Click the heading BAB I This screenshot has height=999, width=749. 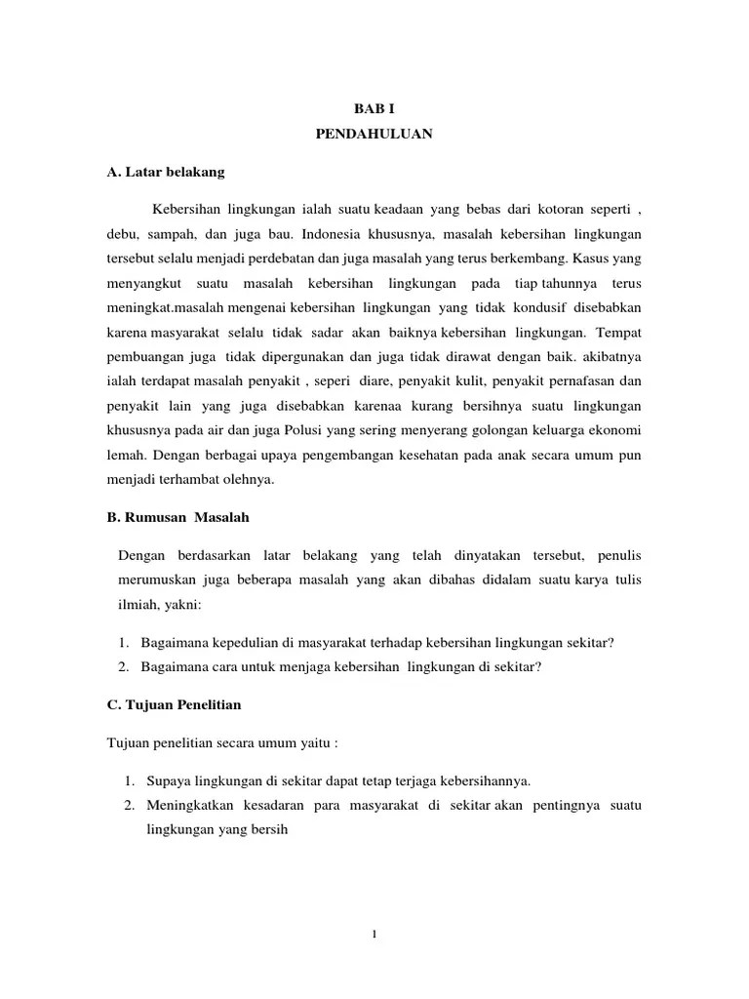(x=374, y=109)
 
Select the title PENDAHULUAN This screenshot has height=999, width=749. (x=374, y=135)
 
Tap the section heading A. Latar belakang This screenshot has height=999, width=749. (x=165, y=172)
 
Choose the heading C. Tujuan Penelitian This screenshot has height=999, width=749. (x=174, y=703)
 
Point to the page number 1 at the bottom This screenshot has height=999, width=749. (x=374, y=934)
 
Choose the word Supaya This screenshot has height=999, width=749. (x=169, y=780)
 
